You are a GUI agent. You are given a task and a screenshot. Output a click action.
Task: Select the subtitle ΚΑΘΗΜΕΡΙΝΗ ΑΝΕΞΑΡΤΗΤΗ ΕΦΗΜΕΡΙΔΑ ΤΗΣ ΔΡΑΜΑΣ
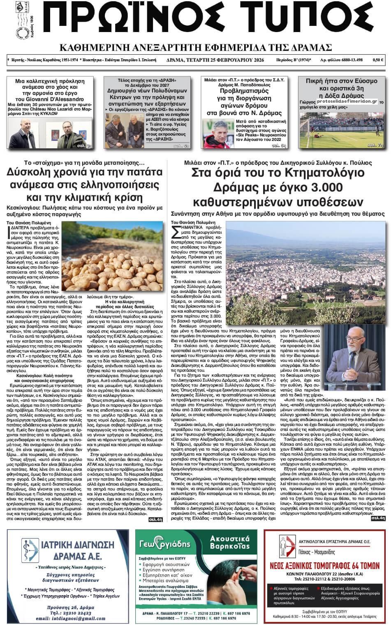tap(196, 46)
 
